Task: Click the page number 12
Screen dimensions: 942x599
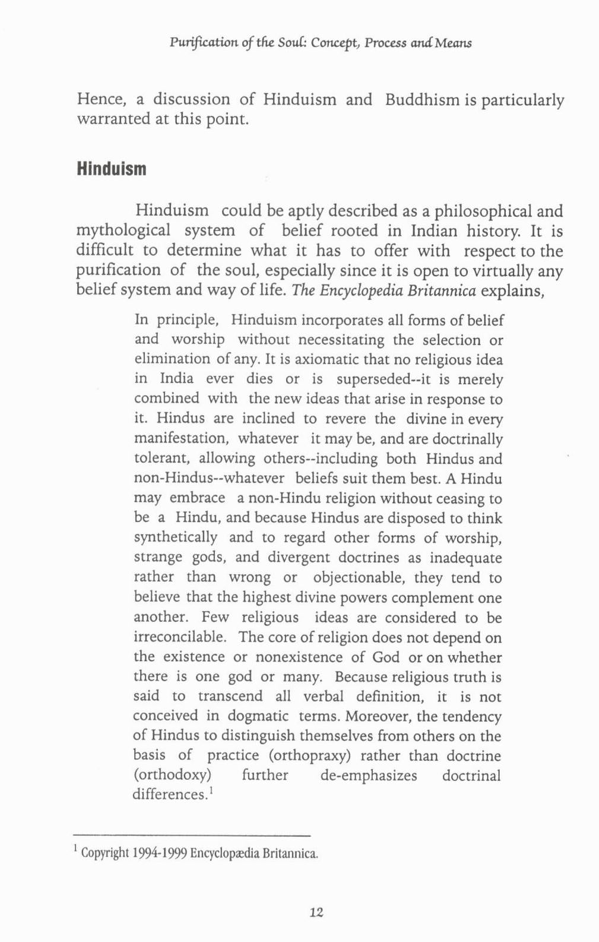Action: click(316, 912)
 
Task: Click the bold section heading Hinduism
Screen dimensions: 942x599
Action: click(111, 169)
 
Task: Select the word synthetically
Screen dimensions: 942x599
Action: click(175, 538)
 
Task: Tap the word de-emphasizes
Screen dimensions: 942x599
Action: click(369, 776)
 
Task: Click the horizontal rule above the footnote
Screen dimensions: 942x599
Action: click(193, 834)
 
